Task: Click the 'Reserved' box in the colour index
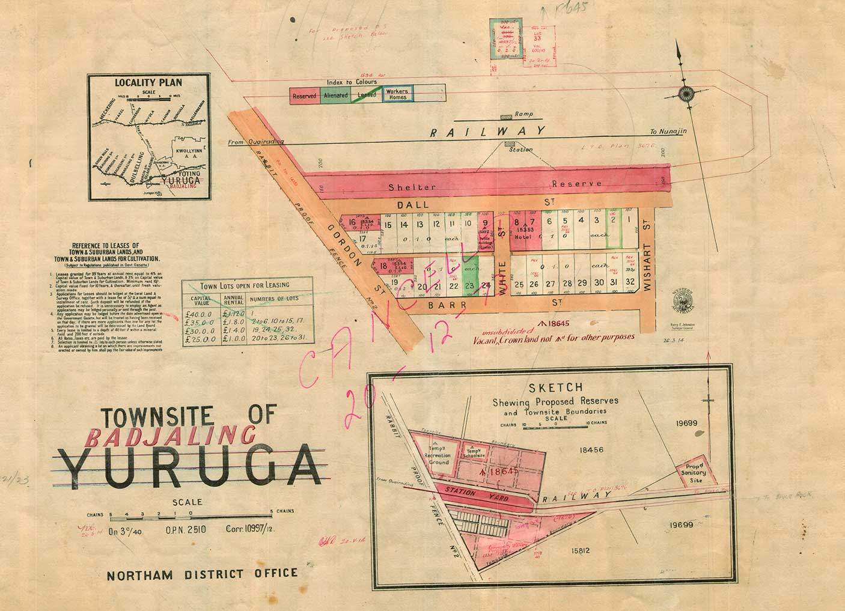tap(305, 96)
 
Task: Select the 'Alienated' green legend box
tap(336, 96)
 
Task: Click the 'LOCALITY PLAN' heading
tap(148, 83)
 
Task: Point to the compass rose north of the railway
tap(685, 93)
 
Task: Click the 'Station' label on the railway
tap(520, 150)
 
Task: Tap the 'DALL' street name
tap(413, 204)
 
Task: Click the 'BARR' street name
tap(441, 305)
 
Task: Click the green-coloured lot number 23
tap(470, 286)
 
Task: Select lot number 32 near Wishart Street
tap(629, 282)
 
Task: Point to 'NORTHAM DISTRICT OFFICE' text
tap(202, 573)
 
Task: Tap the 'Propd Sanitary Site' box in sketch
tap(697, 473)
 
